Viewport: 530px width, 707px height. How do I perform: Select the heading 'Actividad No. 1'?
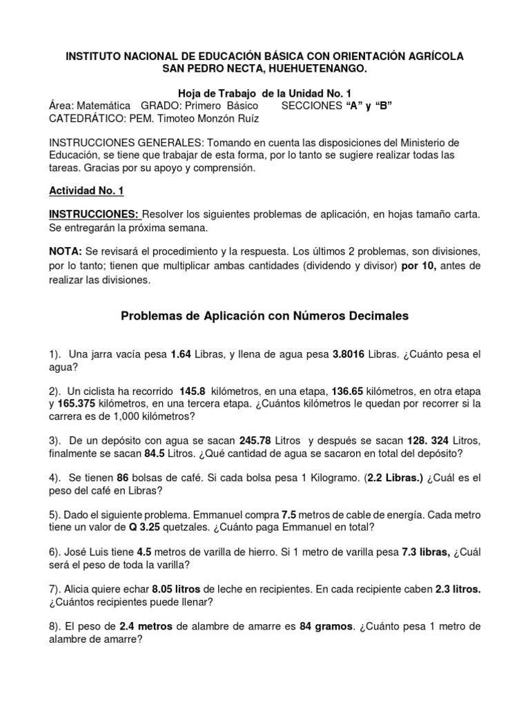point(86,191)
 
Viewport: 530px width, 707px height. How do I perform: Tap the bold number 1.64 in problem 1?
point(181,355)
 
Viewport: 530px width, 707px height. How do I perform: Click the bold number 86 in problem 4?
point(124,477)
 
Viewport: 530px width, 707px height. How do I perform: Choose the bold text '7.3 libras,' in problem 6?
point(426,551)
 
